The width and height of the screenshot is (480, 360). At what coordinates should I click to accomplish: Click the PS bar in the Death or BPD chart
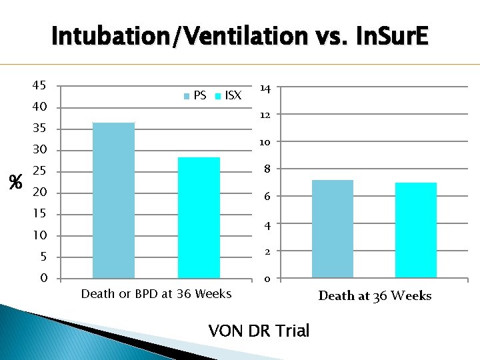coord(113,200)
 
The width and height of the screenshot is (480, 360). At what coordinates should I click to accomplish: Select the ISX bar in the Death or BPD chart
coord(199,217)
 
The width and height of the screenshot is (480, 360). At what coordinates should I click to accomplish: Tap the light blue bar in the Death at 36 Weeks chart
coord(332,229)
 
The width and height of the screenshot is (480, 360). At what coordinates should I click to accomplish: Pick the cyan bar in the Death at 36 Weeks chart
coord(415,230)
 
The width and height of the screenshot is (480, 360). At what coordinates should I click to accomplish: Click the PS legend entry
coord(195,95)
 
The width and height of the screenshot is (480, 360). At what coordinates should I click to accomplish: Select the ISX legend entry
coord(229,95)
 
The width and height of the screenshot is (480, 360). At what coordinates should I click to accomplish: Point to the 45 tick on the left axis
coord(38,85)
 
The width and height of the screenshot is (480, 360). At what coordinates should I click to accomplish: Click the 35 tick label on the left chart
coord(38,129)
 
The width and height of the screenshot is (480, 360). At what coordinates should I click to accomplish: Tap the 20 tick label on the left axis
coord(38,193)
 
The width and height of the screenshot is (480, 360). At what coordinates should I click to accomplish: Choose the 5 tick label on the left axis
coord(41,257)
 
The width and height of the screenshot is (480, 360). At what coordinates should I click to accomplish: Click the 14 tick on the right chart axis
coord(265,87)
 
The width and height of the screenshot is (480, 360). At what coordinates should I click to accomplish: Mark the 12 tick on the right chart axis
coord(265,115)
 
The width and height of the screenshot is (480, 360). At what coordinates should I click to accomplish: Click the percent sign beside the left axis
coord(13,181)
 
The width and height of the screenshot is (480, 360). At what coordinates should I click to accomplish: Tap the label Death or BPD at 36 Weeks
coord(156,293)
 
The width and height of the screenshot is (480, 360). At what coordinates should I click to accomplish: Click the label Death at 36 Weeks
coord(375,296)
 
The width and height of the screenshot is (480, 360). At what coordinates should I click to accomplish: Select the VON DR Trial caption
coord(259,329)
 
